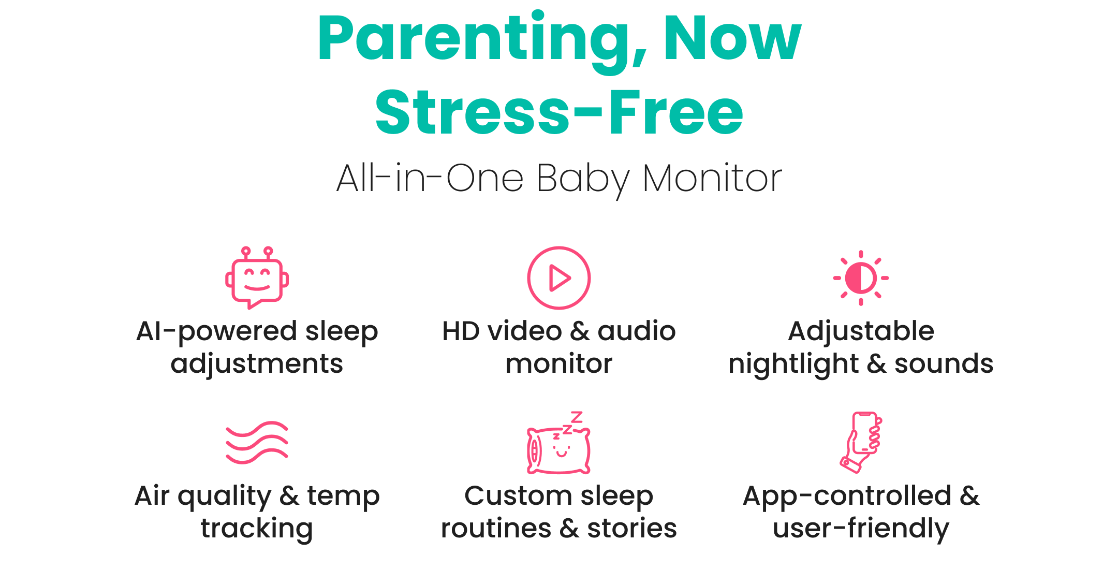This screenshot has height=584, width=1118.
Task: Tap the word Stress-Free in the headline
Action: (x=559, y=112)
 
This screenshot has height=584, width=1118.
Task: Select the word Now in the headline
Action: (x=732, y=37)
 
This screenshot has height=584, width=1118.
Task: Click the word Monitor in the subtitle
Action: (x=712, y=178)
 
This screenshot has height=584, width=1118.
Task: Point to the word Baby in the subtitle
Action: (x=583, y=180)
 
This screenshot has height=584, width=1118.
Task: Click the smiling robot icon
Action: (x=257, y=278)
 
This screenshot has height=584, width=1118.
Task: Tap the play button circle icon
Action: (x=559, y=278)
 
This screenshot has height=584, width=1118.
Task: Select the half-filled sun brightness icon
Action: (x=861, y=278)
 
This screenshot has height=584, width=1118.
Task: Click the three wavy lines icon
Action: (x=257, y=443)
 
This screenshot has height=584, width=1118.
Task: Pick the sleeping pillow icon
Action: (x=559, y=443)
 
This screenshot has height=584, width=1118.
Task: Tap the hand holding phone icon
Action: (x=861, y=443)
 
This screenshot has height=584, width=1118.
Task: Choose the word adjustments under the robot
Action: (x=257, y=364)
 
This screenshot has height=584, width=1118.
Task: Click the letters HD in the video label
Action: (x=461, y=331)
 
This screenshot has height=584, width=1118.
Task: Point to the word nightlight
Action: (x=793, y=364)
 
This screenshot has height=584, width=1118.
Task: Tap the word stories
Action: (x=632, y=529)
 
